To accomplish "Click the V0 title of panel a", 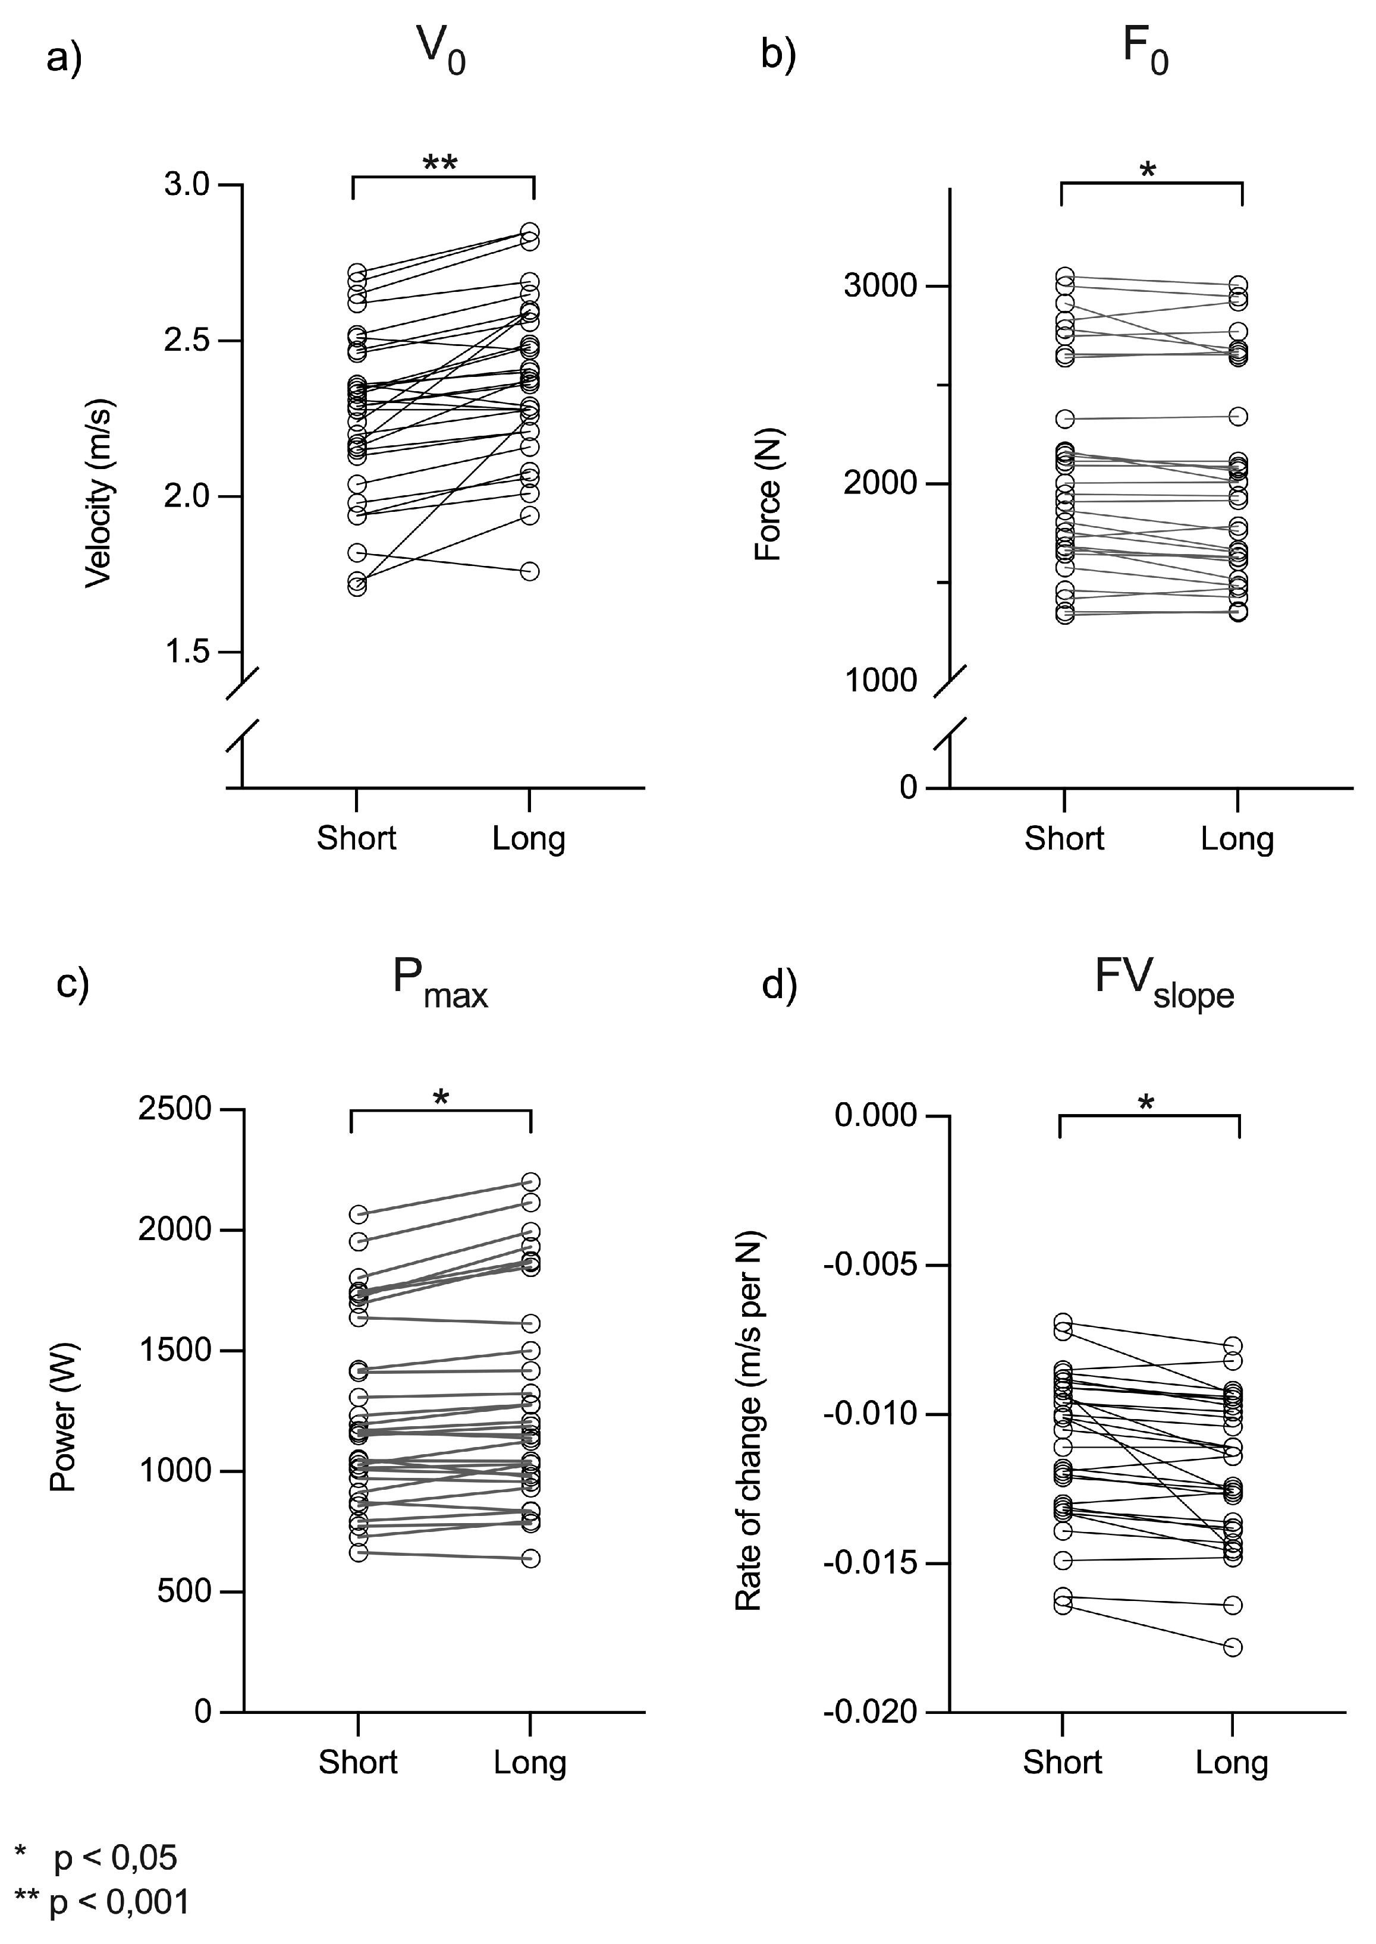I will pyautogui.click(x=441, y=52).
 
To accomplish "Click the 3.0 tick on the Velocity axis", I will pyautogui.click(x=187, y=185).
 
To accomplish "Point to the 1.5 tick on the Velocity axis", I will pyautogui.click(x=187, y=652).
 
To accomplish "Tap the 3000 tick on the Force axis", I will pyautogui.click(x=880, y=287).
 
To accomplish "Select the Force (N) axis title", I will pyautogui.click(x=768, y=496).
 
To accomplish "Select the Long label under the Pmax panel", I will pyautogui.click(x=530, y=1763).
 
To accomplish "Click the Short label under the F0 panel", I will pyautogui.click(x=1064, y=839).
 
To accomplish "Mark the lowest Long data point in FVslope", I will pyautogui.click(x=1233, y=1647).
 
